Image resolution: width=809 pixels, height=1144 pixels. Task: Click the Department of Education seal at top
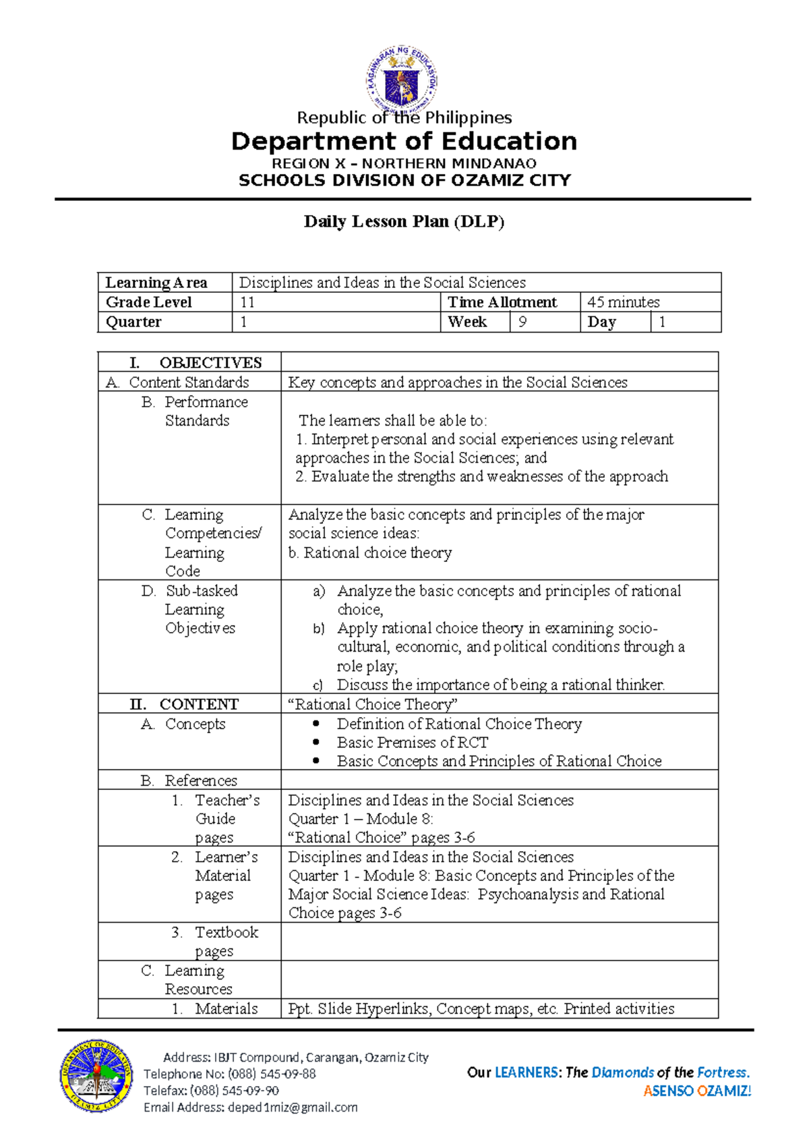coord(402,79)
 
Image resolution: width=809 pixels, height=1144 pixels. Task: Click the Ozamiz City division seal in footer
coord(96,1075)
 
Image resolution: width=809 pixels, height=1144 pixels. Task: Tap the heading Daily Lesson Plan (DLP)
coord(404,221)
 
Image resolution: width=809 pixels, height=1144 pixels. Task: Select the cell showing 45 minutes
coord(623,302)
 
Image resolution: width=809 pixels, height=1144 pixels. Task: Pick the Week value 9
coord(522,322)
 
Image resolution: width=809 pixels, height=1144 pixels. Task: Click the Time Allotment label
coord(502,302)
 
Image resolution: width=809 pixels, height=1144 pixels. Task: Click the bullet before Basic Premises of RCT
coord(316,742)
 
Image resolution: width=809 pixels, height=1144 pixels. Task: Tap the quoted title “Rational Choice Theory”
coord(373,704)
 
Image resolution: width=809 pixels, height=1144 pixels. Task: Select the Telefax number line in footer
coord(211,1090)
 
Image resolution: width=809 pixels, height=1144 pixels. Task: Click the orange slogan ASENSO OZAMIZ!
coord(697,1091)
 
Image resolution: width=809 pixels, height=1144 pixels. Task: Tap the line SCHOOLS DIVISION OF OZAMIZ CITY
coord(404,180)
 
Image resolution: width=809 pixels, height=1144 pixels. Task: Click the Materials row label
coord(226,1008)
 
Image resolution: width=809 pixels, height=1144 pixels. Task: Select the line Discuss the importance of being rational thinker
coord(500,685)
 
